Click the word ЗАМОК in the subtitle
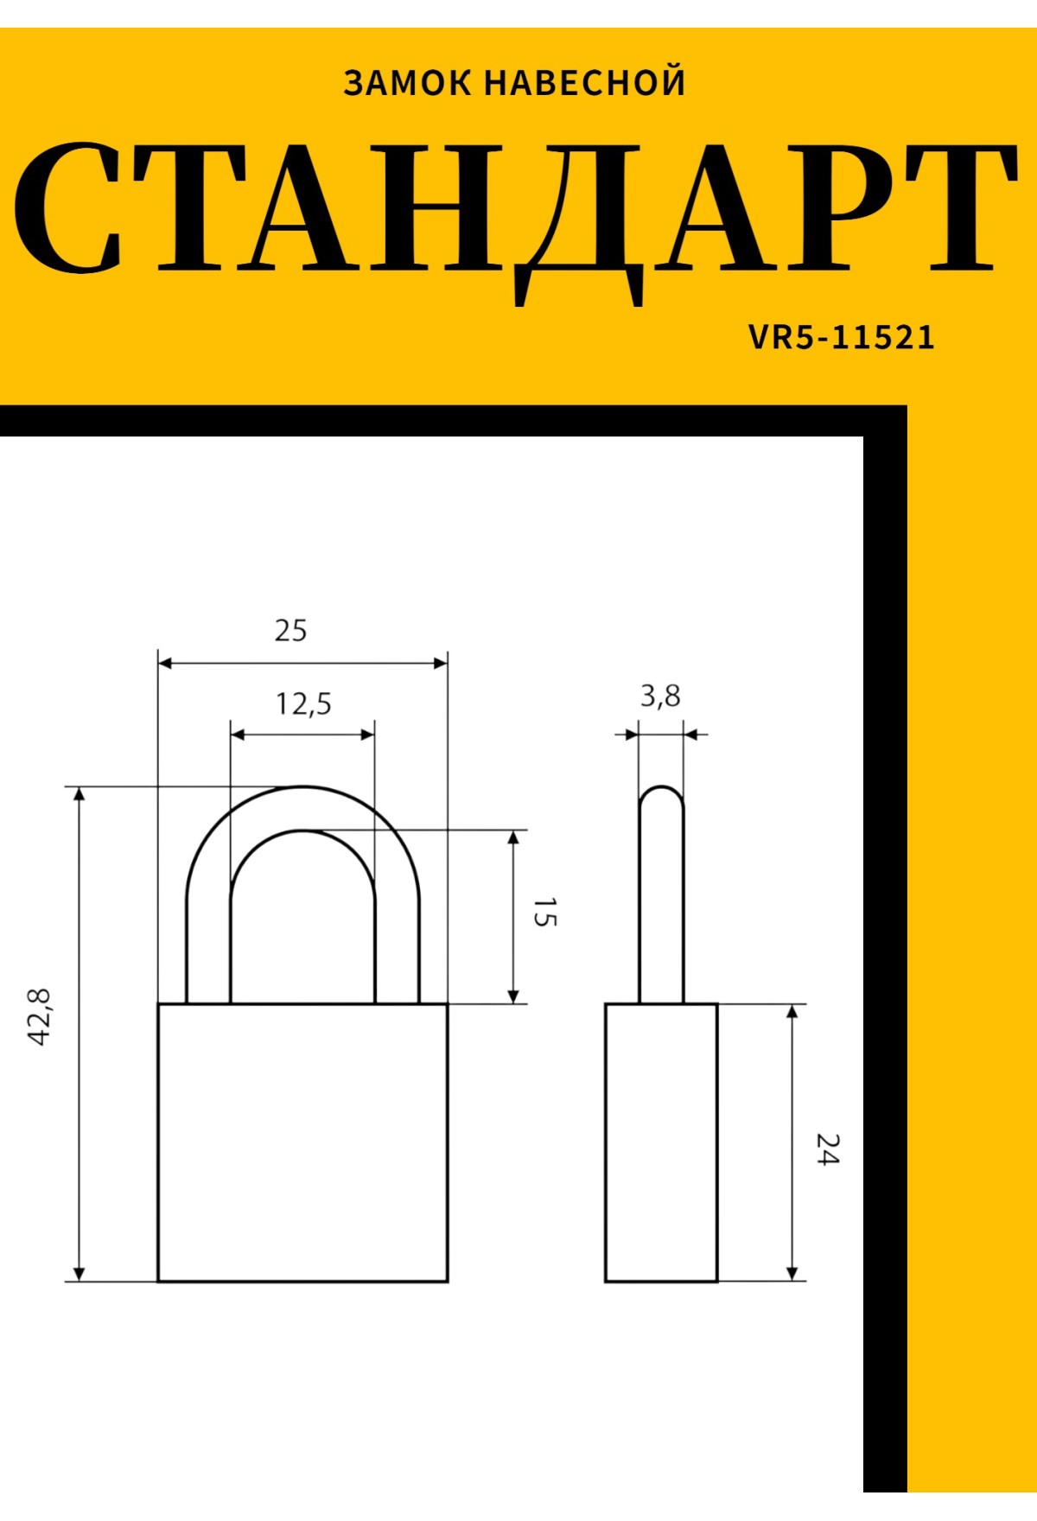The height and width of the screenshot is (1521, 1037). (407, 83)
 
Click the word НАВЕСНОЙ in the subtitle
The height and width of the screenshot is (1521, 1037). (584, 82)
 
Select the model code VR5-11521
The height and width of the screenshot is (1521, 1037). (842, 337)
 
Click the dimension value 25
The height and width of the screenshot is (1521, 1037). (290, 631)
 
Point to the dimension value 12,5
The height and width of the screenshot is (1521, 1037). (303, 704)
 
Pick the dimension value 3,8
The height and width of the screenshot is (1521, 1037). (660, 696)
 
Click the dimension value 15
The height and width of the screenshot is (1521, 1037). (544, 913)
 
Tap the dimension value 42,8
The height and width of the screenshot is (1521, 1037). (41, 1017)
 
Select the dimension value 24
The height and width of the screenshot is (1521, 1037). (827, 1149)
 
